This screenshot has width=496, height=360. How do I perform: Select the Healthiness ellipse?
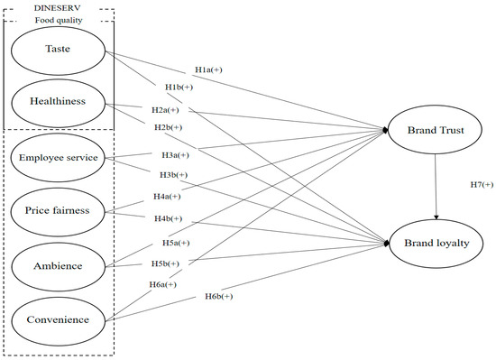coord(60,101)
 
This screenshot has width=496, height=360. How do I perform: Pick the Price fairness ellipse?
coord(60,211)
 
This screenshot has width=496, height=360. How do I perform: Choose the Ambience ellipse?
coord(60,265)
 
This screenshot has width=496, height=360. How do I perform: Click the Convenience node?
coord(60,318)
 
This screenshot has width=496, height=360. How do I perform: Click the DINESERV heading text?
coord(60,6)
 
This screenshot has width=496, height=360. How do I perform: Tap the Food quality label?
coord(60,18)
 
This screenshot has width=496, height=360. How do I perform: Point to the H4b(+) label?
coord(170,218)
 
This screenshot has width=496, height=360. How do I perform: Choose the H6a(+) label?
coord(162,284)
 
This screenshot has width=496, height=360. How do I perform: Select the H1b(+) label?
coord(179,87)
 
